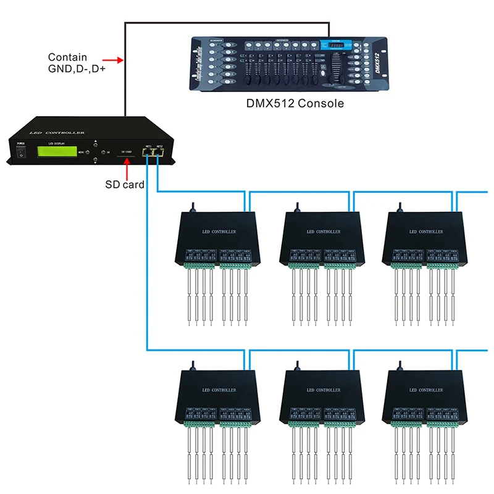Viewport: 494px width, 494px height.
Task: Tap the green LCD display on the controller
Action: (57, 151)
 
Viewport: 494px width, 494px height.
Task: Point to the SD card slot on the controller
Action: (128, 157)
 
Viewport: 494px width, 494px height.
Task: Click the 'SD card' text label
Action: (125, 184)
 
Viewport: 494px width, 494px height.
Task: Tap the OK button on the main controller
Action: (105, 151)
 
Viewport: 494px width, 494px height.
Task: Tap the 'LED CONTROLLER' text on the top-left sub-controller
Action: (219, 232)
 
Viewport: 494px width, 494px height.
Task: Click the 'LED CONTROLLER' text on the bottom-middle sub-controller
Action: (323, 390)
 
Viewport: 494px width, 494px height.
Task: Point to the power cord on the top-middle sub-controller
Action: (299, 206)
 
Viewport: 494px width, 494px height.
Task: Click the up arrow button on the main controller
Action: (95, 142)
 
